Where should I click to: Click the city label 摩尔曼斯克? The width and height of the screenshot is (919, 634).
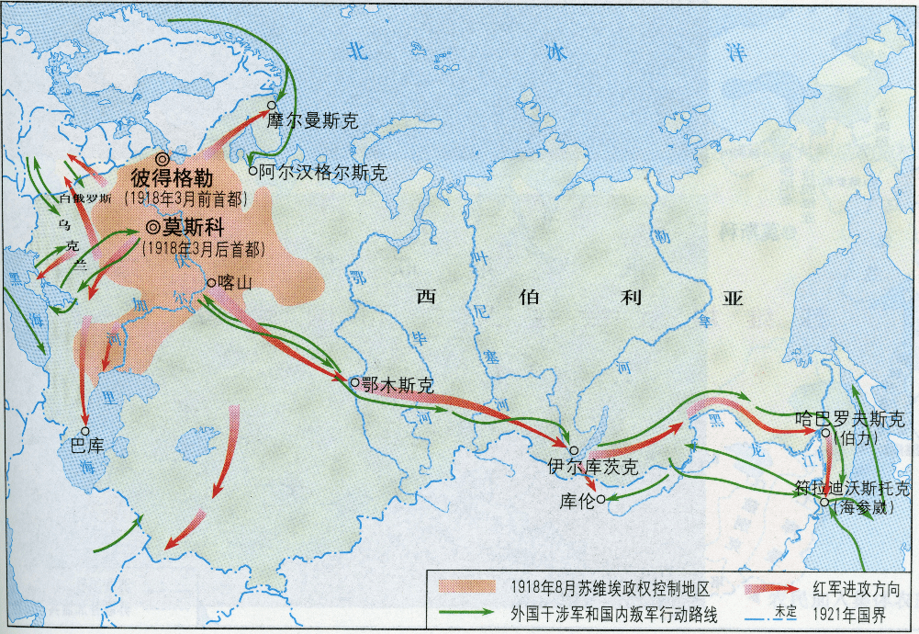(x=311, y=120)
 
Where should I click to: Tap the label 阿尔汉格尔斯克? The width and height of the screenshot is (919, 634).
(x=322, y=172)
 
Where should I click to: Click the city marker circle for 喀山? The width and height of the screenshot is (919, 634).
(x=211, y=283)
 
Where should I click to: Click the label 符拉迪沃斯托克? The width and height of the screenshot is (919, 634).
(x=853, y=488)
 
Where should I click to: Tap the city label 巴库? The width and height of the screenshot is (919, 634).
(x=87, y=447)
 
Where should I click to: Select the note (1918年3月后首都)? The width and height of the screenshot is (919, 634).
(x=203, y=248)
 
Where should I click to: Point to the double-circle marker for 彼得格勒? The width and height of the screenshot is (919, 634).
(x=163, y=158)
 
